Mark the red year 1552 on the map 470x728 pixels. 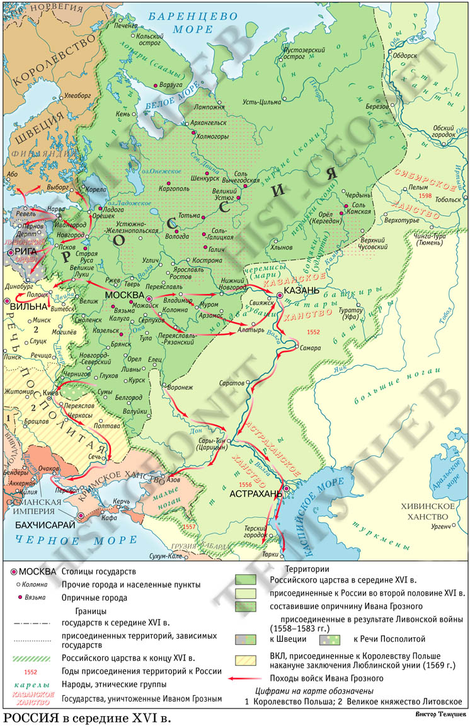coord(313,331)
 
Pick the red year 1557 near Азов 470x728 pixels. coord(188,526)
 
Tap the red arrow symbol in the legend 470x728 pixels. coord(244,678)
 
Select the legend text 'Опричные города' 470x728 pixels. coord(94,598)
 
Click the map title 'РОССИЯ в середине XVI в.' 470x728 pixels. coord(86,718)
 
